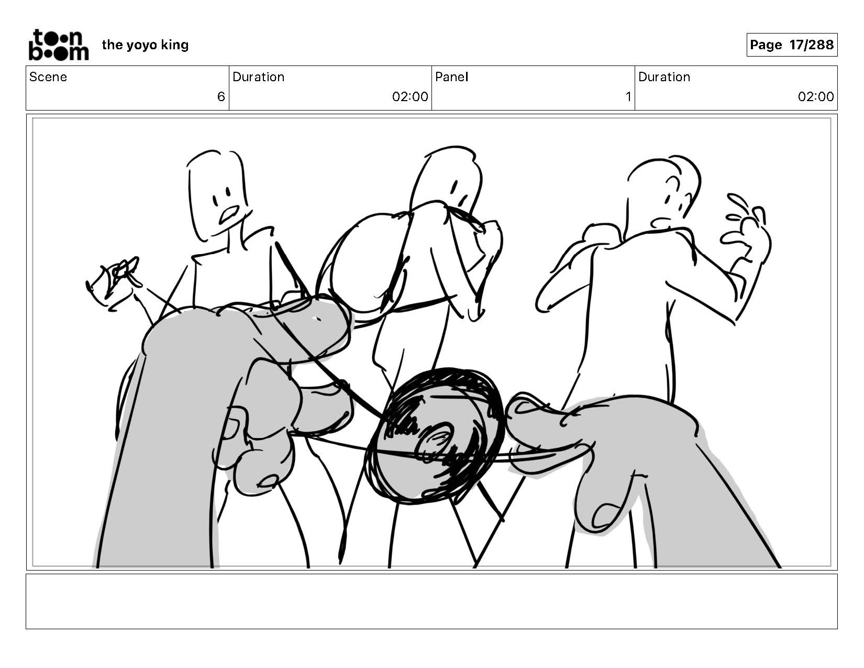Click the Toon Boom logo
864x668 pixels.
59,45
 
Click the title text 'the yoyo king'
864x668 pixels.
145,45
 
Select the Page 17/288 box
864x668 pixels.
792,45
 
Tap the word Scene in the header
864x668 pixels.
48,77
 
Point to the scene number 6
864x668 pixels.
221,97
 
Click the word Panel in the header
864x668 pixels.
452,77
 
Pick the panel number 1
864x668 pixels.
628,97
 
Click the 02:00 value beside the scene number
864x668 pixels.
410,97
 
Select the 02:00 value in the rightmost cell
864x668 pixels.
816,97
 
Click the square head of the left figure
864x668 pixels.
217,195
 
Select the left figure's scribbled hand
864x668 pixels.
113,280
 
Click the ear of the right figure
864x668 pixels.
673,183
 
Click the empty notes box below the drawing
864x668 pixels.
432,601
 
